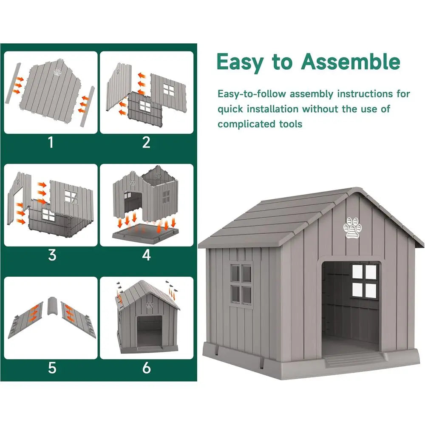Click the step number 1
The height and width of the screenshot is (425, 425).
pyautogui.click(x=51, y=142)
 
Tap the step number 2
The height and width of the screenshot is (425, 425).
pyautogui.click(x=146, y=142)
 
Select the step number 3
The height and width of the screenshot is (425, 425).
pyautogui.click(x=52, y=255)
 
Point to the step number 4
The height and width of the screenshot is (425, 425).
pyautogui.click(x=146, y=255)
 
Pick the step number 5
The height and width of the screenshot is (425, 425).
pyautogui.click(x=52, y=368)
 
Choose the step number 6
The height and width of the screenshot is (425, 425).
pyautogui.click(x=146, y=368)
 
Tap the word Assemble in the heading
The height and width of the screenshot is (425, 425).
pyautogui.click(x=351, y=62)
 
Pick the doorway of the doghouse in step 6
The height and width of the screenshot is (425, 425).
pyautogui.click(x=150, y=331)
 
